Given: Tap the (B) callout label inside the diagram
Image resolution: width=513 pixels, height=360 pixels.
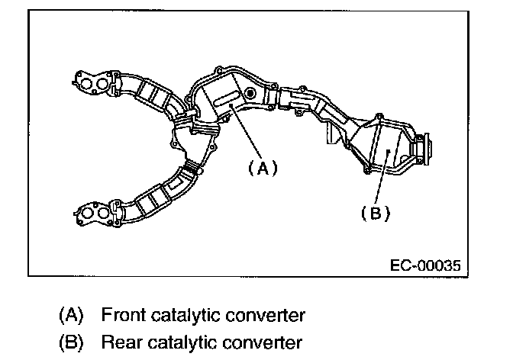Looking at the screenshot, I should pyautogui.click(x=375, y=214).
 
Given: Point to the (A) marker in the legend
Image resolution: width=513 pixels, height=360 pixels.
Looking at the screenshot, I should pyautogui.click(x=71, y=314).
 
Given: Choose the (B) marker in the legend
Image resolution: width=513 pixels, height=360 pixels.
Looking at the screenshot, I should pyautogui.click(x=71, y=341).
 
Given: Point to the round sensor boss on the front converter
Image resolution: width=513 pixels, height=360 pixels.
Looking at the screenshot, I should pyautogui.click(x=249, y=94).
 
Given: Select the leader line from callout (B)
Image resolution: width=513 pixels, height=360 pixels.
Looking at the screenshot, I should pyautogui.click(x=382, y=182).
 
